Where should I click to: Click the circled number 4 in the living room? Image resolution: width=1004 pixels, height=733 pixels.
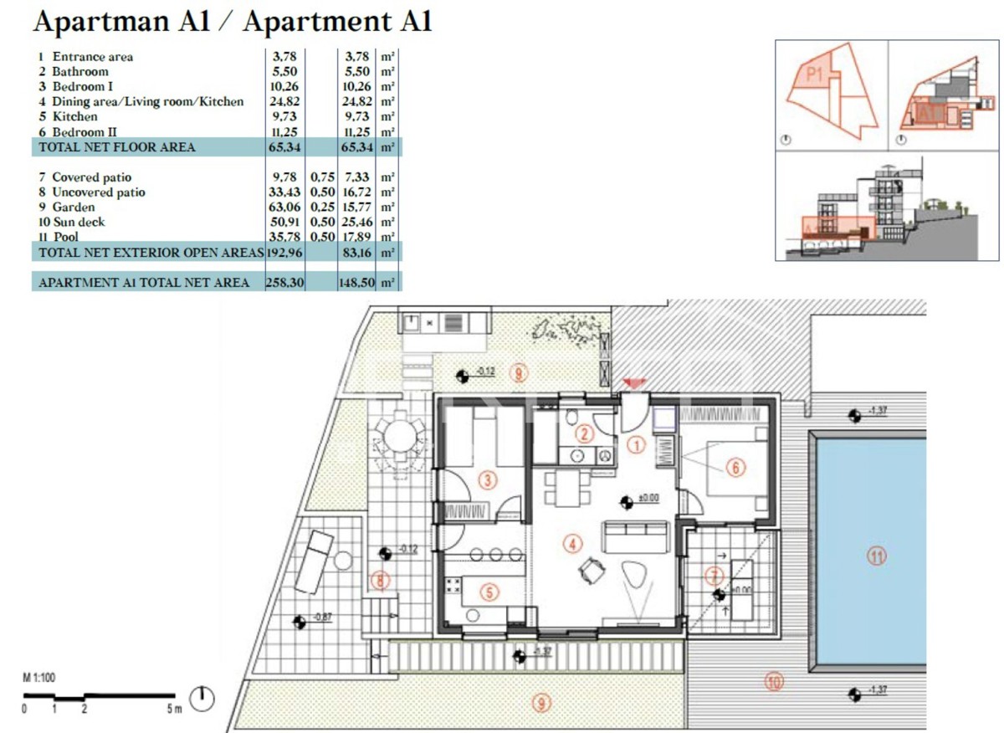[572, 544]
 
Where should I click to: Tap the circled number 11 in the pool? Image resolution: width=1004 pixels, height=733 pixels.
[876, 555]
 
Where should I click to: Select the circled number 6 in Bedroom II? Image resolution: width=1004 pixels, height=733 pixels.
[735, 468]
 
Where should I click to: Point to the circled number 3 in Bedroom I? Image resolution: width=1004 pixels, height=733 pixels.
[488, 479]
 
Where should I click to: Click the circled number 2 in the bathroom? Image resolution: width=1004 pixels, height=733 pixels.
[585, 433]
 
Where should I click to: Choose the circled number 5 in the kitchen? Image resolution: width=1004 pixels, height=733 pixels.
[490, 592]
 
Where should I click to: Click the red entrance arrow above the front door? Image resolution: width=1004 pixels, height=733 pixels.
[635, 383]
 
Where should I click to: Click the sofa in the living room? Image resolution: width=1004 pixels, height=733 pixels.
[637, 536]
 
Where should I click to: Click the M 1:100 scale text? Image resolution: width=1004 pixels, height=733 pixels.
[38, 678]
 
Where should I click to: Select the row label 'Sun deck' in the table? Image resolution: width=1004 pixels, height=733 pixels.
[79, 223]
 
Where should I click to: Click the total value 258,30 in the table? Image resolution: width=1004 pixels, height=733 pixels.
[282, 283]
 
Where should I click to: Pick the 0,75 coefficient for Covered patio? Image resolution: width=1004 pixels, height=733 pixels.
[322, 177]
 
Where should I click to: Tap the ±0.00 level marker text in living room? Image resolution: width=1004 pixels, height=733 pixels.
[649, 498]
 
